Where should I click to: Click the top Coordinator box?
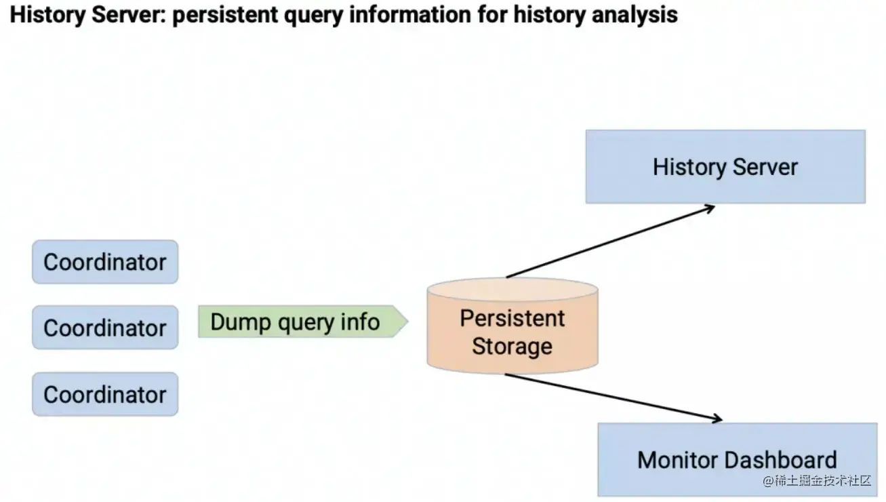pyautogui.click(x=105, y=262)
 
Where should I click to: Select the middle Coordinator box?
pyautogui.click(x=105, y=328)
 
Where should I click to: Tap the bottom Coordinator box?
pyautogui.click(x=105, y=394)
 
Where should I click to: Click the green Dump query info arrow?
pyautogui.click(x=302, y=322)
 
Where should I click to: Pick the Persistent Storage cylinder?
pyautogui.click(x=512, y=326)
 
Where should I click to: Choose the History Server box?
pyautogui.click(x=725, y=167)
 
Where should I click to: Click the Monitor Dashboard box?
pyautogui.click(x=737, y=459)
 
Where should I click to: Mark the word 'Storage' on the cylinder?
pyautogui.click(x=512, y=346)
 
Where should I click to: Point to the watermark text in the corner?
pyautogui.click(x=816, y=481)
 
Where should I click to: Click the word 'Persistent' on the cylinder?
pyautogui.click(x=512, y=317)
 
